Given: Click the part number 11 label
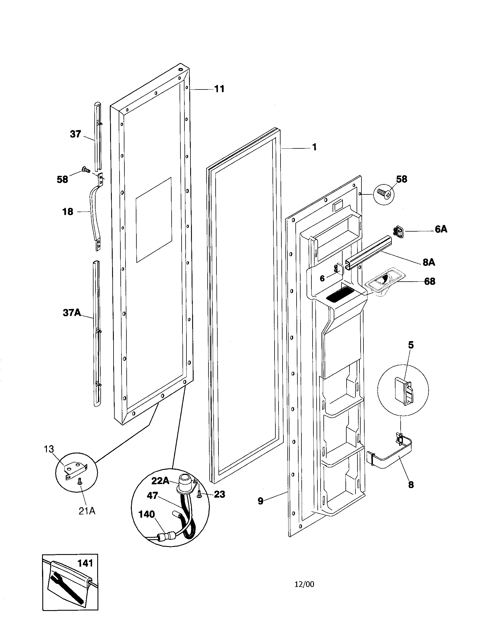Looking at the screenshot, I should [219, 89].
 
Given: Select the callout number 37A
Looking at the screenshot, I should [72, 312].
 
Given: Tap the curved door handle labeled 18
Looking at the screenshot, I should [94, 214].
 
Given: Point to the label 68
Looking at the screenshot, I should [430, 281].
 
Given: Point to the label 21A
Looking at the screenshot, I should [87, 511].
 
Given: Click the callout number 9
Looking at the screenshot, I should [260, 501].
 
